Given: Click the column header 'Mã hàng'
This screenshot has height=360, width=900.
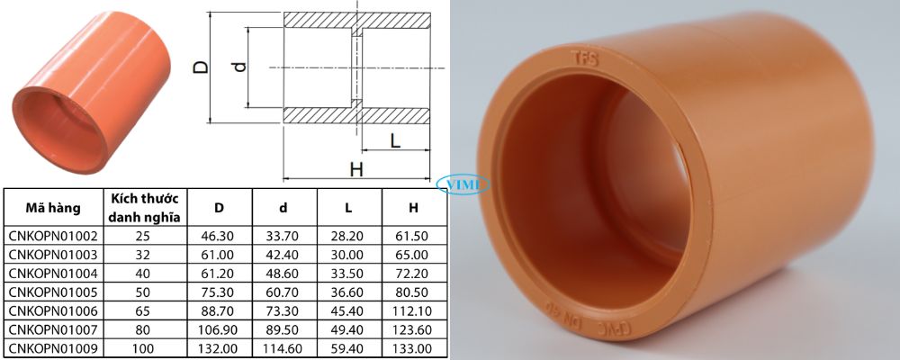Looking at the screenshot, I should pyautogui.click(x=52, y=208).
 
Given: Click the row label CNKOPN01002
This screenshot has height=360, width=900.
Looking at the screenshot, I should pyautogui.click(x=52, y=236).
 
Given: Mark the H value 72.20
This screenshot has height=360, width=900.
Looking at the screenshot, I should pyautogui.click(x=413, y=272).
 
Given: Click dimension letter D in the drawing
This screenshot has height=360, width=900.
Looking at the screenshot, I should pyautogui.click(x=202, y=68).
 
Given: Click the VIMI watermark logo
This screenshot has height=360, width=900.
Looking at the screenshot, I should pyautogui.click(x=462, y=184).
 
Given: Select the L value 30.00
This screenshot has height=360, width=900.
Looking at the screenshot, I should pyautogui.click(x=348, y=254).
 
